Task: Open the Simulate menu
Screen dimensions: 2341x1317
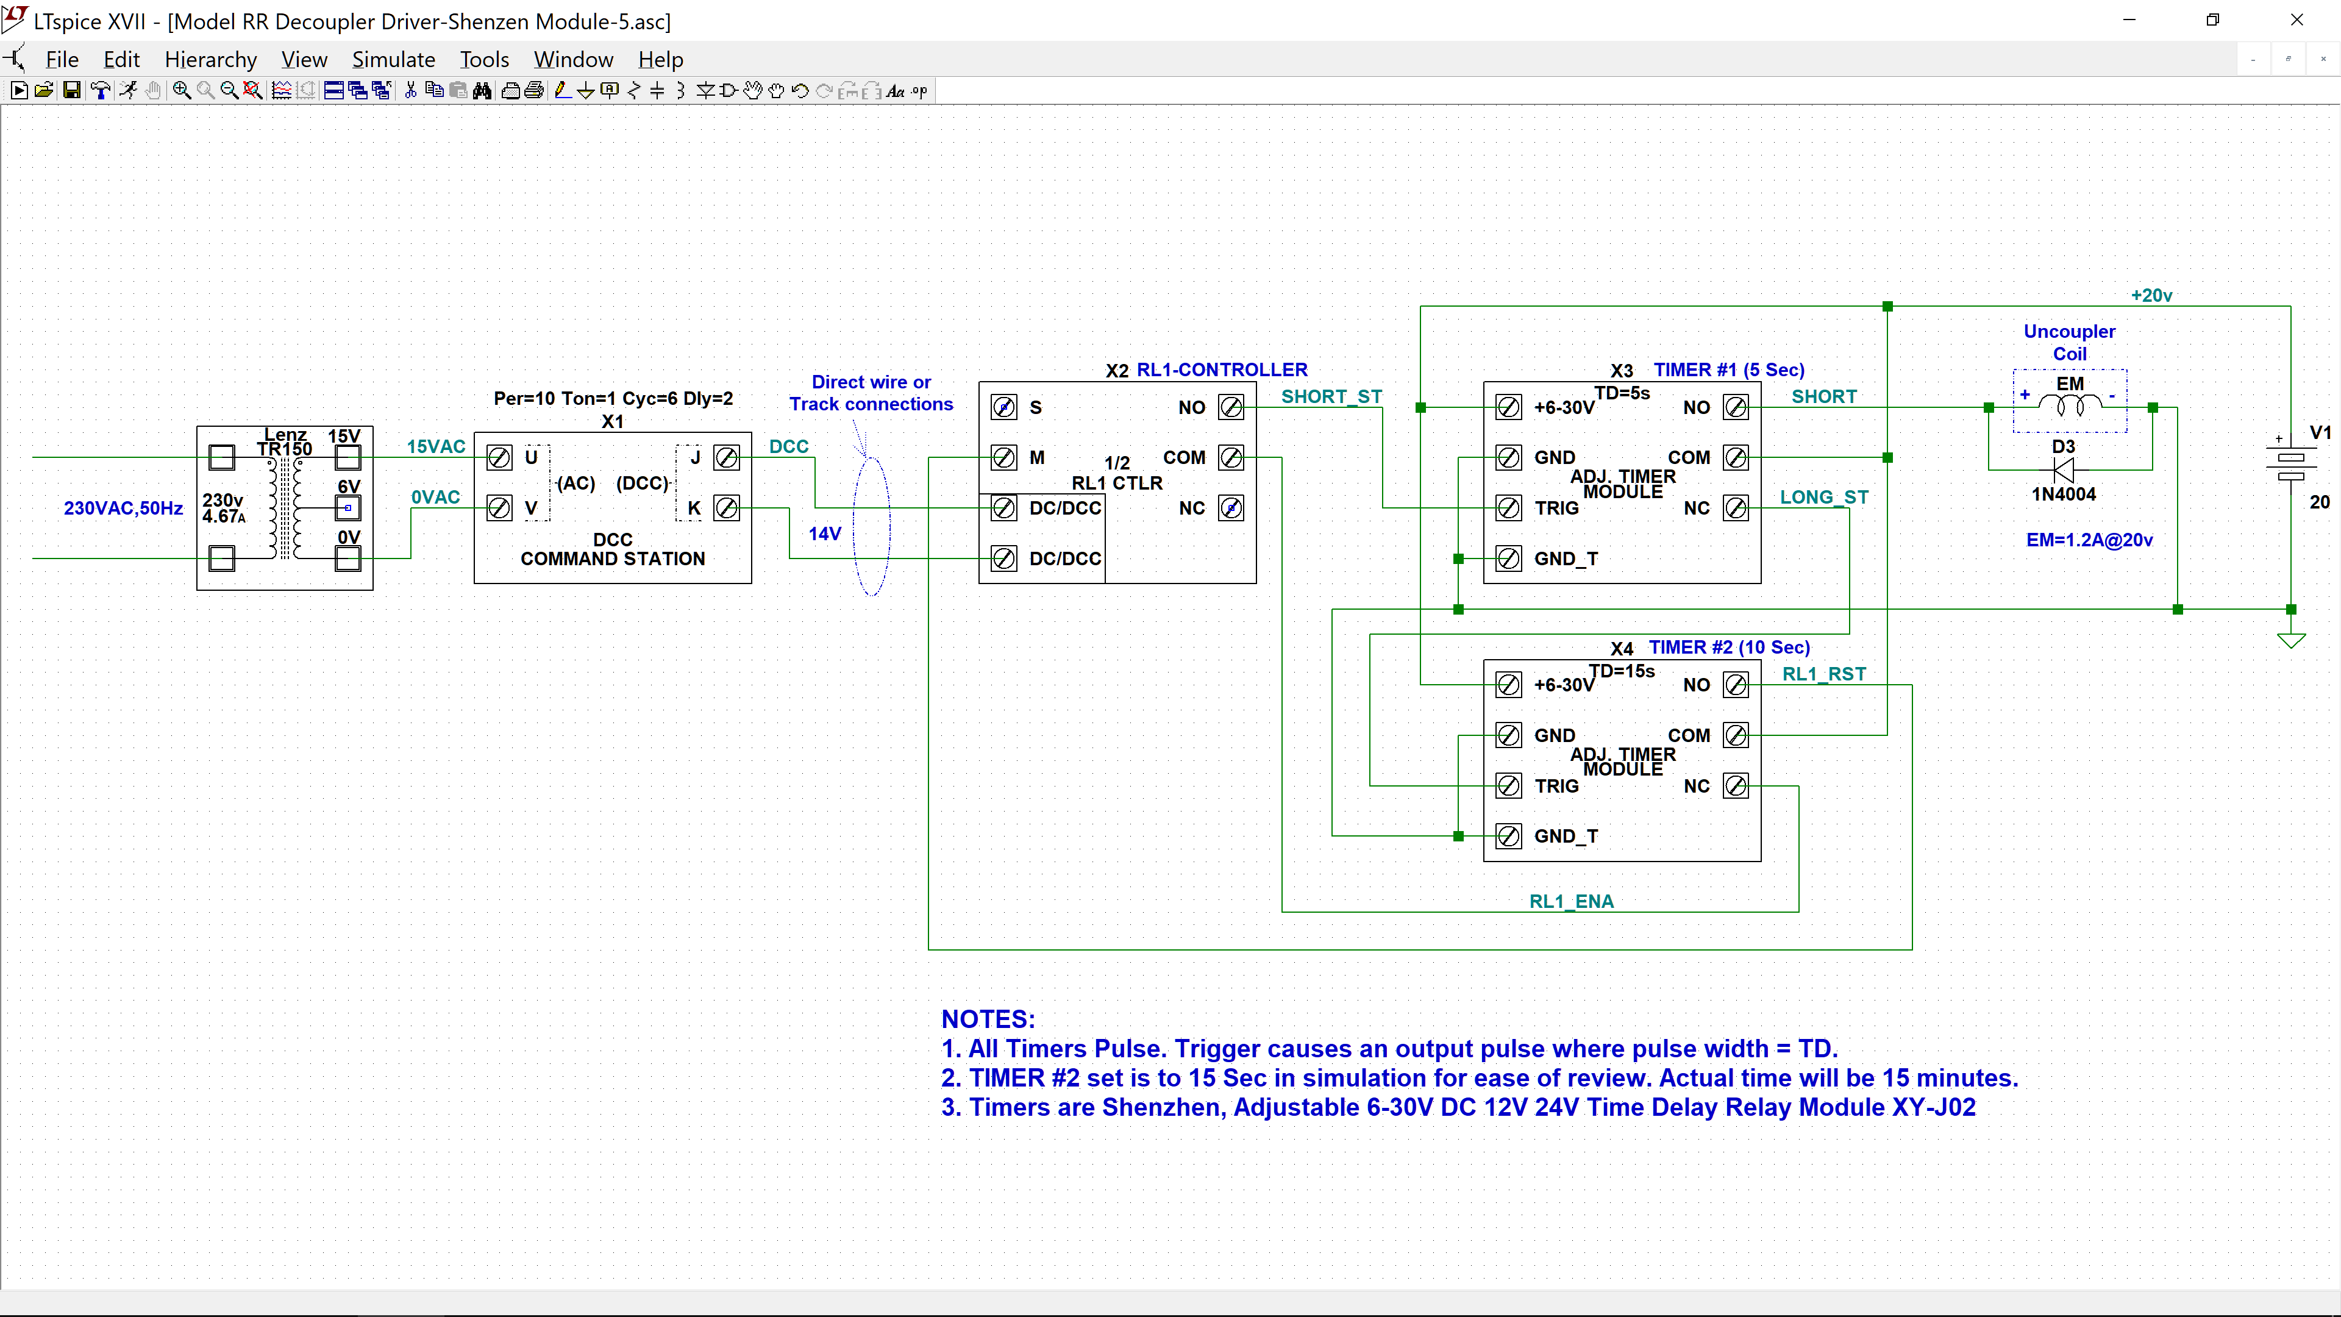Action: coord(393,60)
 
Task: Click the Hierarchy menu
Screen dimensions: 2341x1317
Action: coord(211,60)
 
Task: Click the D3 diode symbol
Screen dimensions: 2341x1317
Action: coord(2064,470)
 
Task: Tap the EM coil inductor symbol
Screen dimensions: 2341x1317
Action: coord(2070,402)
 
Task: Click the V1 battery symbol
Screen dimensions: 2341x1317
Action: coord(2291,460)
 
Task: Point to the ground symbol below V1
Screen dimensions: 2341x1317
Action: coord(2291,641)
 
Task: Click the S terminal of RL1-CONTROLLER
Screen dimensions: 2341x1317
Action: coord(1003,407)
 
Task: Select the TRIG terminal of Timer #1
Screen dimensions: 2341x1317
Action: coord(1509,508)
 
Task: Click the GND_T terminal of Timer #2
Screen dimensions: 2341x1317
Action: coord(1509,836)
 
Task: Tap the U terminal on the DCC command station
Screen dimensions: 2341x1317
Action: coord(499,457)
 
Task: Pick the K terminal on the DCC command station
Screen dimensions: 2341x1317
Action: coord(726,508)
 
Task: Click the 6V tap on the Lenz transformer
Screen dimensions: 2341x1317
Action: coord(348,508)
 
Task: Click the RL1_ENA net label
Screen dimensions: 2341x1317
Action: coord(1571,902)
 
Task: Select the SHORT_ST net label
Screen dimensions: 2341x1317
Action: coord(1331,397)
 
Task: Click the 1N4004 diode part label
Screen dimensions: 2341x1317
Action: coord(2064,494)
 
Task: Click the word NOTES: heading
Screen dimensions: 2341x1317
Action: coord(988,1019)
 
